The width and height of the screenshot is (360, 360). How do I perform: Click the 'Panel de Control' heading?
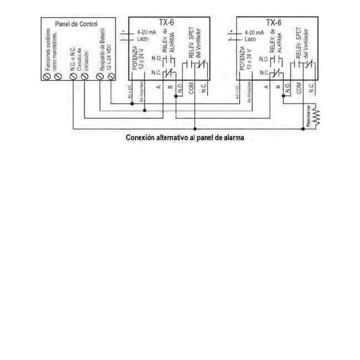[76, 24]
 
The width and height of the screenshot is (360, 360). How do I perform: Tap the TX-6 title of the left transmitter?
[166, 23]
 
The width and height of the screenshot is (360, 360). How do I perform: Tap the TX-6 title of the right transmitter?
[273, 23]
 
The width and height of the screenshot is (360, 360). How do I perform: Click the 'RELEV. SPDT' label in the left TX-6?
[191, 44]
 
